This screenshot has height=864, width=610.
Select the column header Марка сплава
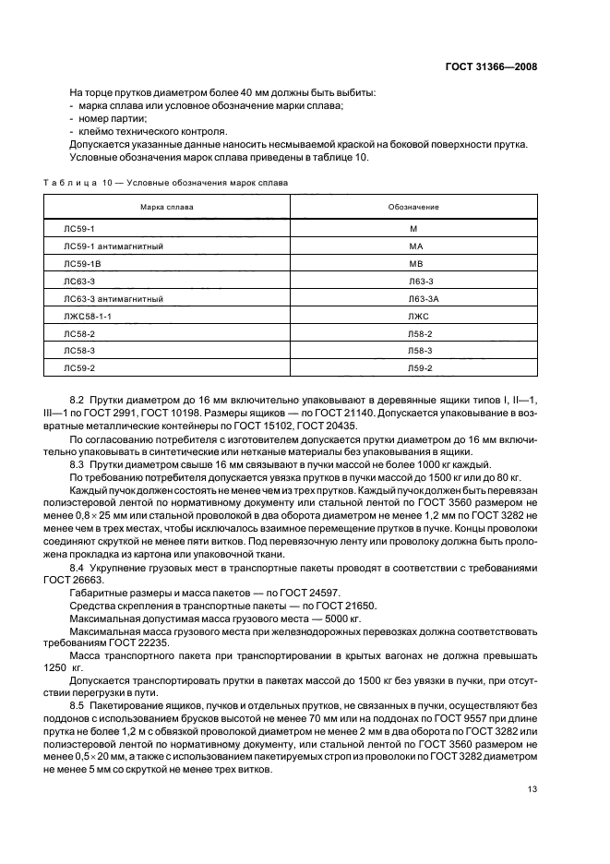click(167, 208)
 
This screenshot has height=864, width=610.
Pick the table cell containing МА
click(414, 247)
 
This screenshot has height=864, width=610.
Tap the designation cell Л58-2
click(420, 334)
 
